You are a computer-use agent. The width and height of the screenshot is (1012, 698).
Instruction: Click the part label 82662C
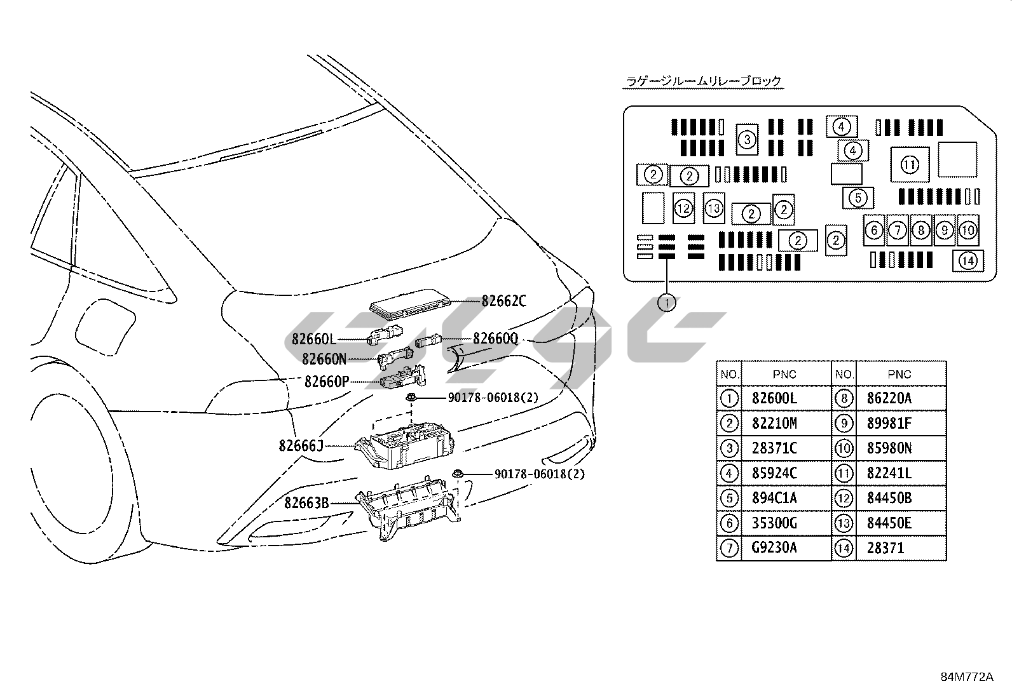(x=503, y=301)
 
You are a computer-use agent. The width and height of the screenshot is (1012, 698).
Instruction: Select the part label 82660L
(x=313, y=340)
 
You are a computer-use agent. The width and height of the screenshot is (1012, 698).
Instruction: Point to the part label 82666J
(x=301, y=446)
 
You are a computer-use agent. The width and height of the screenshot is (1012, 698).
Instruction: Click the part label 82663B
(x=306, y=503)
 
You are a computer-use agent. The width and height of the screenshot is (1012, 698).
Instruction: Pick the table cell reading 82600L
(x=774, y=398)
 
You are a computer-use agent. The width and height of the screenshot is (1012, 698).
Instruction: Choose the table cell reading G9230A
(x=774, y=547)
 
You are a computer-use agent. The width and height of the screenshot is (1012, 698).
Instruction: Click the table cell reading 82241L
(x=889, y=473)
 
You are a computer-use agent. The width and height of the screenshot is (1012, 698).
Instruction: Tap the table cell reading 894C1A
(x=774, y=498)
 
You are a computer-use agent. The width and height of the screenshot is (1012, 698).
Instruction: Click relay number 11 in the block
(x=910, y=165)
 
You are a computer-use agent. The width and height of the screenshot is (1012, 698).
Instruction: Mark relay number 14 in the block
(x=968, y=260)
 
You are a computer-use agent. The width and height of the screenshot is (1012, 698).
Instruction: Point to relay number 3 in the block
(x=747, y=139)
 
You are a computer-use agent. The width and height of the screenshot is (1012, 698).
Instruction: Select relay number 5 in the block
(x=858, y=198)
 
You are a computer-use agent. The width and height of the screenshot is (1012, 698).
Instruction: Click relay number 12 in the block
(x=683, y=208)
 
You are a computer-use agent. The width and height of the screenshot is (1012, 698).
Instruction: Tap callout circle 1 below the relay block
(x=666, y=303)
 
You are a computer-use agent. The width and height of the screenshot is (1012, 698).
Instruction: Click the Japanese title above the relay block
(x=703, y=81)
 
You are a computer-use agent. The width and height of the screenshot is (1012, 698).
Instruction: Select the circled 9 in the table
(x=843, y=424)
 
